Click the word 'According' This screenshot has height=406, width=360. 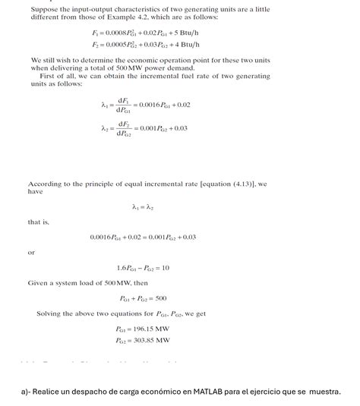(45, 184)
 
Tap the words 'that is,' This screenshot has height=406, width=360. (38, 222)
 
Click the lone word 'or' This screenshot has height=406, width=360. (32, 252)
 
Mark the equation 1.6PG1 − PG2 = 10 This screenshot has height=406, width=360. (144, 267)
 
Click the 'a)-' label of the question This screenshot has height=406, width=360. (26, 392)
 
